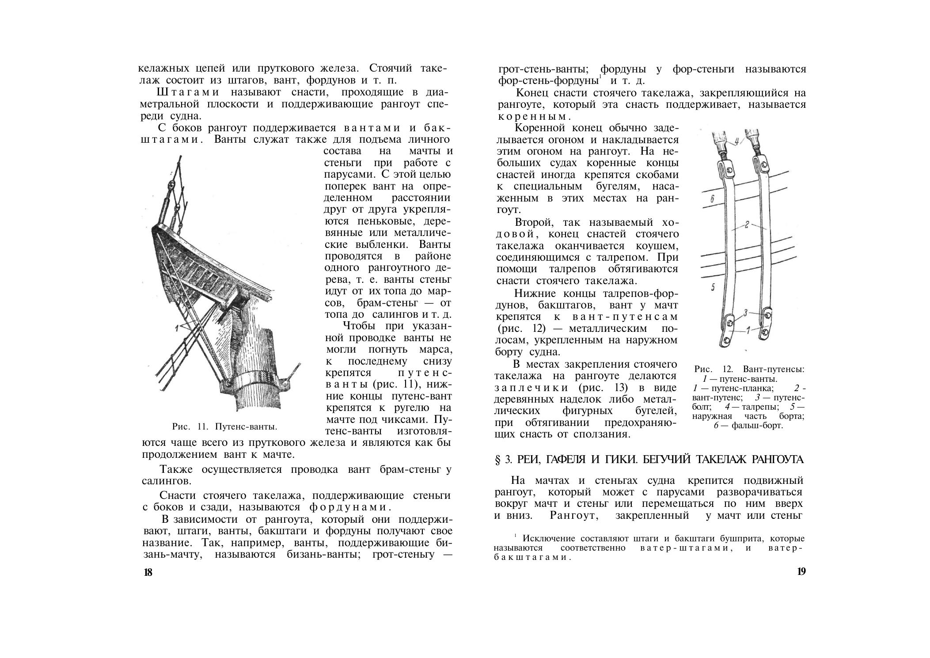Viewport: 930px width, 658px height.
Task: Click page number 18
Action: tap(148, 572)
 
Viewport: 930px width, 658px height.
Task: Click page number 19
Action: tap(801, 571)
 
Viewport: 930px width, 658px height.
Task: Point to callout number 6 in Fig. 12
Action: tap(712, 199)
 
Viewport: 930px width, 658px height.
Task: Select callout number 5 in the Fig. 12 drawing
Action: tap(713, 288)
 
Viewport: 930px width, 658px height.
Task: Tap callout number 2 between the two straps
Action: tap(746, 225)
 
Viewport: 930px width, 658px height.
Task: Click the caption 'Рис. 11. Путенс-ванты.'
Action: tap(224, 426)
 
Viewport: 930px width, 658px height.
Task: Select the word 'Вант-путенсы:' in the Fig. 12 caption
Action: tap(774, 369)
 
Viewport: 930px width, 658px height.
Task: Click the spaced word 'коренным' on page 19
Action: tap(533, 117)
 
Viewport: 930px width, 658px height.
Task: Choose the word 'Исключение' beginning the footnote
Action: tap(547, 539)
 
